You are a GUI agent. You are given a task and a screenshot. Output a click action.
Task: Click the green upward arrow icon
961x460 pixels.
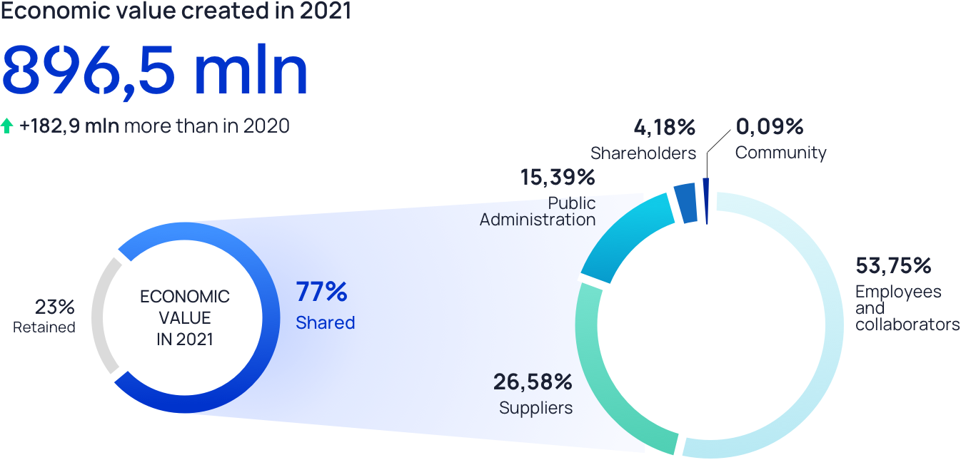tap(7, 127)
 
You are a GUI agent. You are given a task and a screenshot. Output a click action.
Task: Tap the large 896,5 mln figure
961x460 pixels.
tap(154, 71)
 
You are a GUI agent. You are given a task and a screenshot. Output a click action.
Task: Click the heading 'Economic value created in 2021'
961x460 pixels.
tap(176, 11)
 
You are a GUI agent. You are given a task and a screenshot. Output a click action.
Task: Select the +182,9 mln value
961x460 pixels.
tap(70, 127)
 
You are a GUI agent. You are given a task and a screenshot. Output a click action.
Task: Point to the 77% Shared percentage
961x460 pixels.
tap(321, 292)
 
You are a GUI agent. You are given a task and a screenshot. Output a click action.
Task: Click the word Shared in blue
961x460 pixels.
tap(326, 323)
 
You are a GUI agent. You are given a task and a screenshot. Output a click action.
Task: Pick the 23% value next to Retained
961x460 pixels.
tap(55, 307)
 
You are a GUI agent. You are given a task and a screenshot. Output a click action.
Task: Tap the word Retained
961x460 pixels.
tap(44, 328)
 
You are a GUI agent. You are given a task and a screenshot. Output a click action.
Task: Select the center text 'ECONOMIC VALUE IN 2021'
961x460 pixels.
tap(185, 317)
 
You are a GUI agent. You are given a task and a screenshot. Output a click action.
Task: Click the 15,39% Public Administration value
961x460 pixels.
tap(558, 178)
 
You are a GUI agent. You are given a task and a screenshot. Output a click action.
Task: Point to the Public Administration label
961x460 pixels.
tap(538, 212)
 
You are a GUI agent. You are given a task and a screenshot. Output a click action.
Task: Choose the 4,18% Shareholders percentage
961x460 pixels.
tap(664, 128)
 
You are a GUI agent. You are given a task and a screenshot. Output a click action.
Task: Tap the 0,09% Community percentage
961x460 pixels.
tap(770, 127)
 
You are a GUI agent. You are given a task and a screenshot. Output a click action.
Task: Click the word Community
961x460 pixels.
tap(780, 153)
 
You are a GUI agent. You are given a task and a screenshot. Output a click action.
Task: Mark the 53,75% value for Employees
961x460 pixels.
tap(893, 266)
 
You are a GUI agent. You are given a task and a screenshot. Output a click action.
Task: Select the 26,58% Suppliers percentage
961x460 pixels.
tap(533, 382)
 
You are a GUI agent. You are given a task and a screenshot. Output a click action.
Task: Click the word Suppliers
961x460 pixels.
tap(535, 409)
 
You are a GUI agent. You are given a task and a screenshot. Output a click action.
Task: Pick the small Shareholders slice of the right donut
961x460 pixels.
tap(685, 203)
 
